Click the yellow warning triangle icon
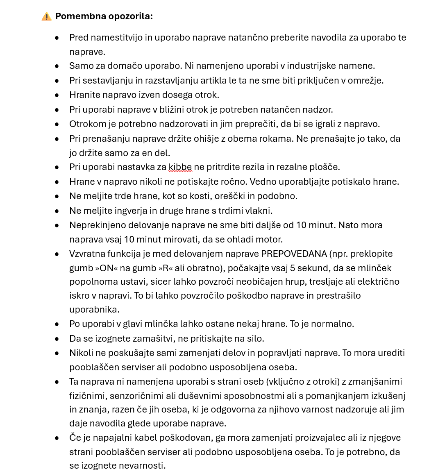[x=46, y=16]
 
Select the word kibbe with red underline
[x=180, y=167]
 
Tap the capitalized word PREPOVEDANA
[x=293, y=254]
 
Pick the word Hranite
[x=84, y=95]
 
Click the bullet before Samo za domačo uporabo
[x=57, y=66]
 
